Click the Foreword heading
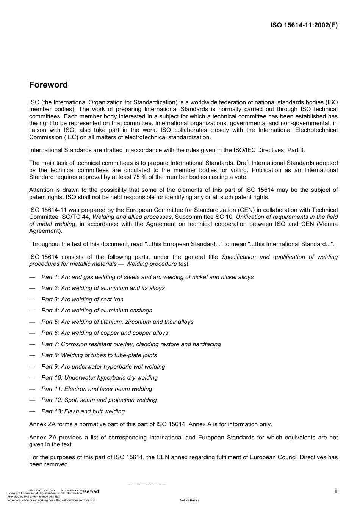pyautogui.click(x=49, y=85)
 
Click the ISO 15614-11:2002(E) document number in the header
pyautogui.click(x=304, y=25)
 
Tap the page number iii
pyautogui.click(x=336, y=491)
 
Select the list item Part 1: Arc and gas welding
pyautogui.click(x=147, y=277)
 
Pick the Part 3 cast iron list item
pyautogui.click(x=82, y=300)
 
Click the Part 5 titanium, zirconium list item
pyautogui.click(x=117, y=322)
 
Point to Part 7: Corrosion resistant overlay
pyautogui.click(x=131, y=344)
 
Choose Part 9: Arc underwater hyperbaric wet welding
pyautogui.click(x=103, y=367)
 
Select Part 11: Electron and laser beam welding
pyautogui.click(x=97, y=389)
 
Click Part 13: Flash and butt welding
pyautogui.click(x=83, y=411)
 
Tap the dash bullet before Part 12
pyautogui.click(x=32, y=400)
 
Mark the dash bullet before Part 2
pyautogui.click(x=32, y=288)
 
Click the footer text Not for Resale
pyautogui.click(x=189, y=500)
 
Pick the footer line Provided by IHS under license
pyautogui.click(x=34, y=496)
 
